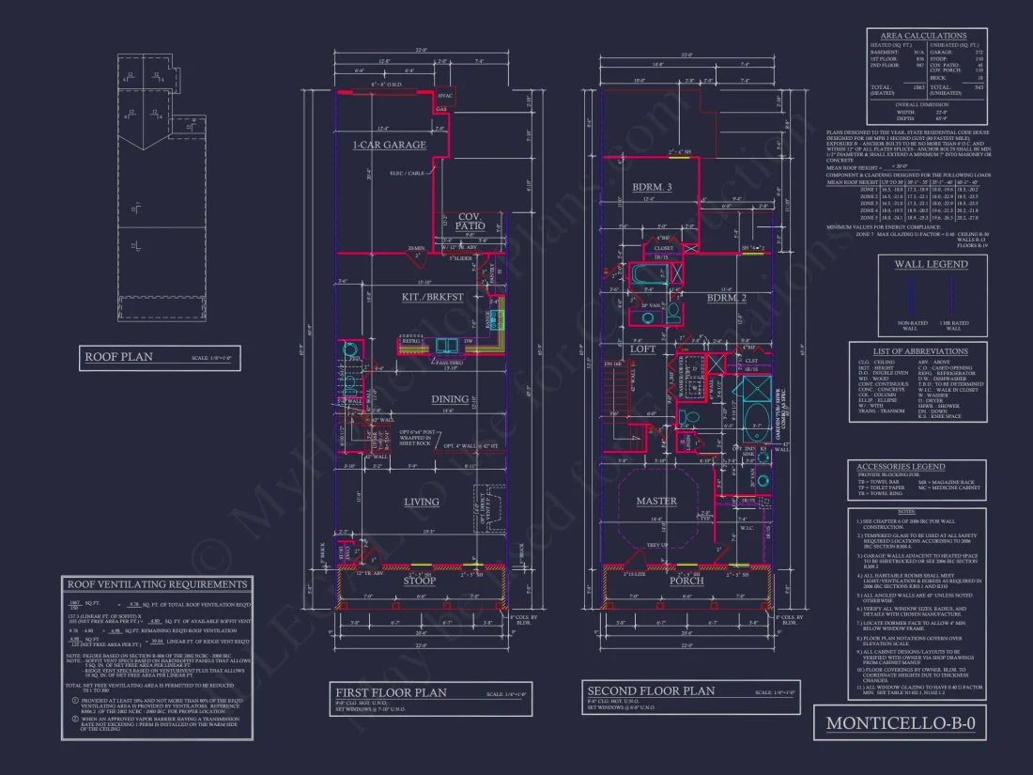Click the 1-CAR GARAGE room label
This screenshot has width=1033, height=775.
pos(389,146)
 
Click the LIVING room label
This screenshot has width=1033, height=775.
pos(421,502)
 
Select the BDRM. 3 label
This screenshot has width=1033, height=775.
pos(654,188)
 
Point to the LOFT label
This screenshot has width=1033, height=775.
pos(642,349)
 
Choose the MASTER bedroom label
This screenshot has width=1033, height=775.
pos(656,501)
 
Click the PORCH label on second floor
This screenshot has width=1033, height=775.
pos(686,581)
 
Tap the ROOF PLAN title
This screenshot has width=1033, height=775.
pos(118,357)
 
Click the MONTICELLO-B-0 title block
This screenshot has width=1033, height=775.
pos(901,723)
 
